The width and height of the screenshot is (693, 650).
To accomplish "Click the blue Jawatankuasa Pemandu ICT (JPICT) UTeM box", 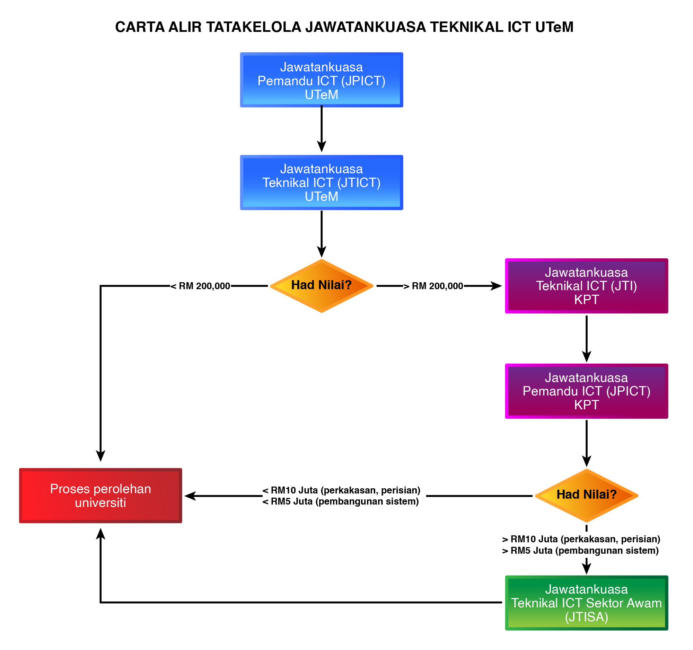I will (x=322, y=80).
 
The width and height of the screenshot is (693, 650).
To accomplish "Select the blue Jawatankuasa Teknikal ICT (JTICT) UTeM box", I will (x=322, y=182).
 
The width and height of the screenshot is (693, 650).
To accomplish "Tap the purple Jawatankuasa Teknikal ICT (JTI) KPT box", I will (x=586, y=286).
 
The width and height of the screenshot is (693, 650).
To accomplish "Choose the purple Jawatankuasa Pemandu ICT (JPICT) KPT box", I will (x=586, y=391).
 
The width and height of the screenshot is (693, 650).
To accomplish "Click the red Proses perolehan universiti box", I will (x=100, y=495).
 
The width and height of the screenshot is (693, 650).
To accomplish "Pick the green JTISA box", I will (x=586, y=603).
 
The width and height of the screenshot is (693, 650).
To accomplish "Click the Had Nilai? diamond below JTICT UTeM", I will (x=322, y=286).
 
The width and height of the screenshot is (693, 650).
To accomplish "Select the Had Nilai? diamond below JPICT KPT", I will (x=586, y=495).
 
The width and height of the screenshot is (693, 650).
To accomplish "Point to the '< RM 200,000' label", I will (x=200, y=286).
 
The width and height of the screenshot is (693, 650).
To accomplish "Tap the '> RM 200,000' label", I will (x=434, y=286).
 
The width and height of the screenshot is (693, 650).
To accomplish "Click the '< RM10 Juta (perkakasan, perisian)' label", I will (x=341, y=490).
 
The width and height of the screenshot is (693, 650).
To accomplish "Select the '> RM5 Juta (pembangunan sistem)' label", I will (x=580, y=550).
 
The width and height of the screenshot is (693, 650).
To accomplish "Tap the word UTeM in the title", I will (x=554, y=27).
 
